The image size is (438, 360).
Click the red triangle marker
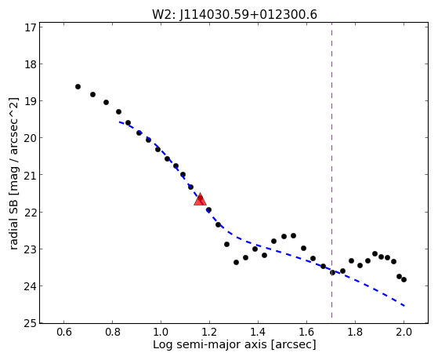tap(200, 199)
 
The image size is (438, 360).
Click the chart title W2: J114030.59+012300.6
tap(234, 15)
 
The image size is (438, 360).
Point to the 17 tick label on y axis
tap(31, 27)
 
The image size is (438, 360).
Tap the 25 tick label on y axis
tap(31, 323)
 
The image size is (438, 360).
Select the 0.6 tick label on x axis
tap(64, 332)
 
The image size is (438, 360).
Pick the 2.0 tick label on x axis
tap(404, 332)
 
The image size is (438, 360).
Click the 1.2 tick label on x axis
tap(209, 332)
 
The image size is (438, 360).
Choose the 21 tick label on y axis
tap(31, 175)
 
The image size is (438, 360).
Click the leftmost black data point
tap(78, 87)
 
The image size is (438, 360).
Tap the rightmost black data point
tap(404, 279)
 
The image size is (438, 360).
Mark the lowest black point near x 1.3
tap(236, 263)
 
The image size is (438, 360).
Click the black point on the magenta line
tap(332, 272)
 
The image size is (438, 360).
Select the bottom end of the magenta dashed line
tap(332, 318)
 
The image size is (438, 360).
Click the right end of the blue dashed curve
tap(404, 306)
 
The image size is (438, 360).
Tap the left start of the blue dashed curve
tap(119, 122)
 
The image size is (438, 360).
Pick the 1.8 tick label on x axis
tap(355, 332)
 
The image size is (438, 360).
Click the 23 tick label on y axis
tap(31, 249)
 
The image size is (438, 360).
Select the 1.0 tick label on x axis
tap(161, 332)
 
